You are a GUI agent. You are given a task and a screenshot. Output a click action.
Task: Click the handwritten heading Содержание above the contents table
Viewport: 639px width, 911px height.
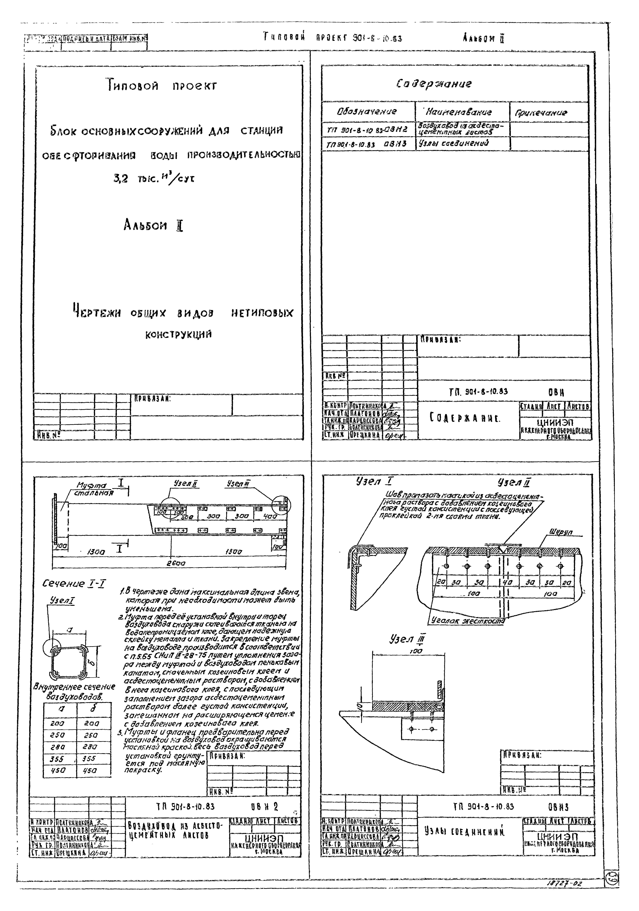[434, 84]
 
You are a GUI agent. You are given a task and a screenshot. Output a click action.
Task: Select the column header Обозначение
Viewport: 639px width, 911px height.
[367, 112]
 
